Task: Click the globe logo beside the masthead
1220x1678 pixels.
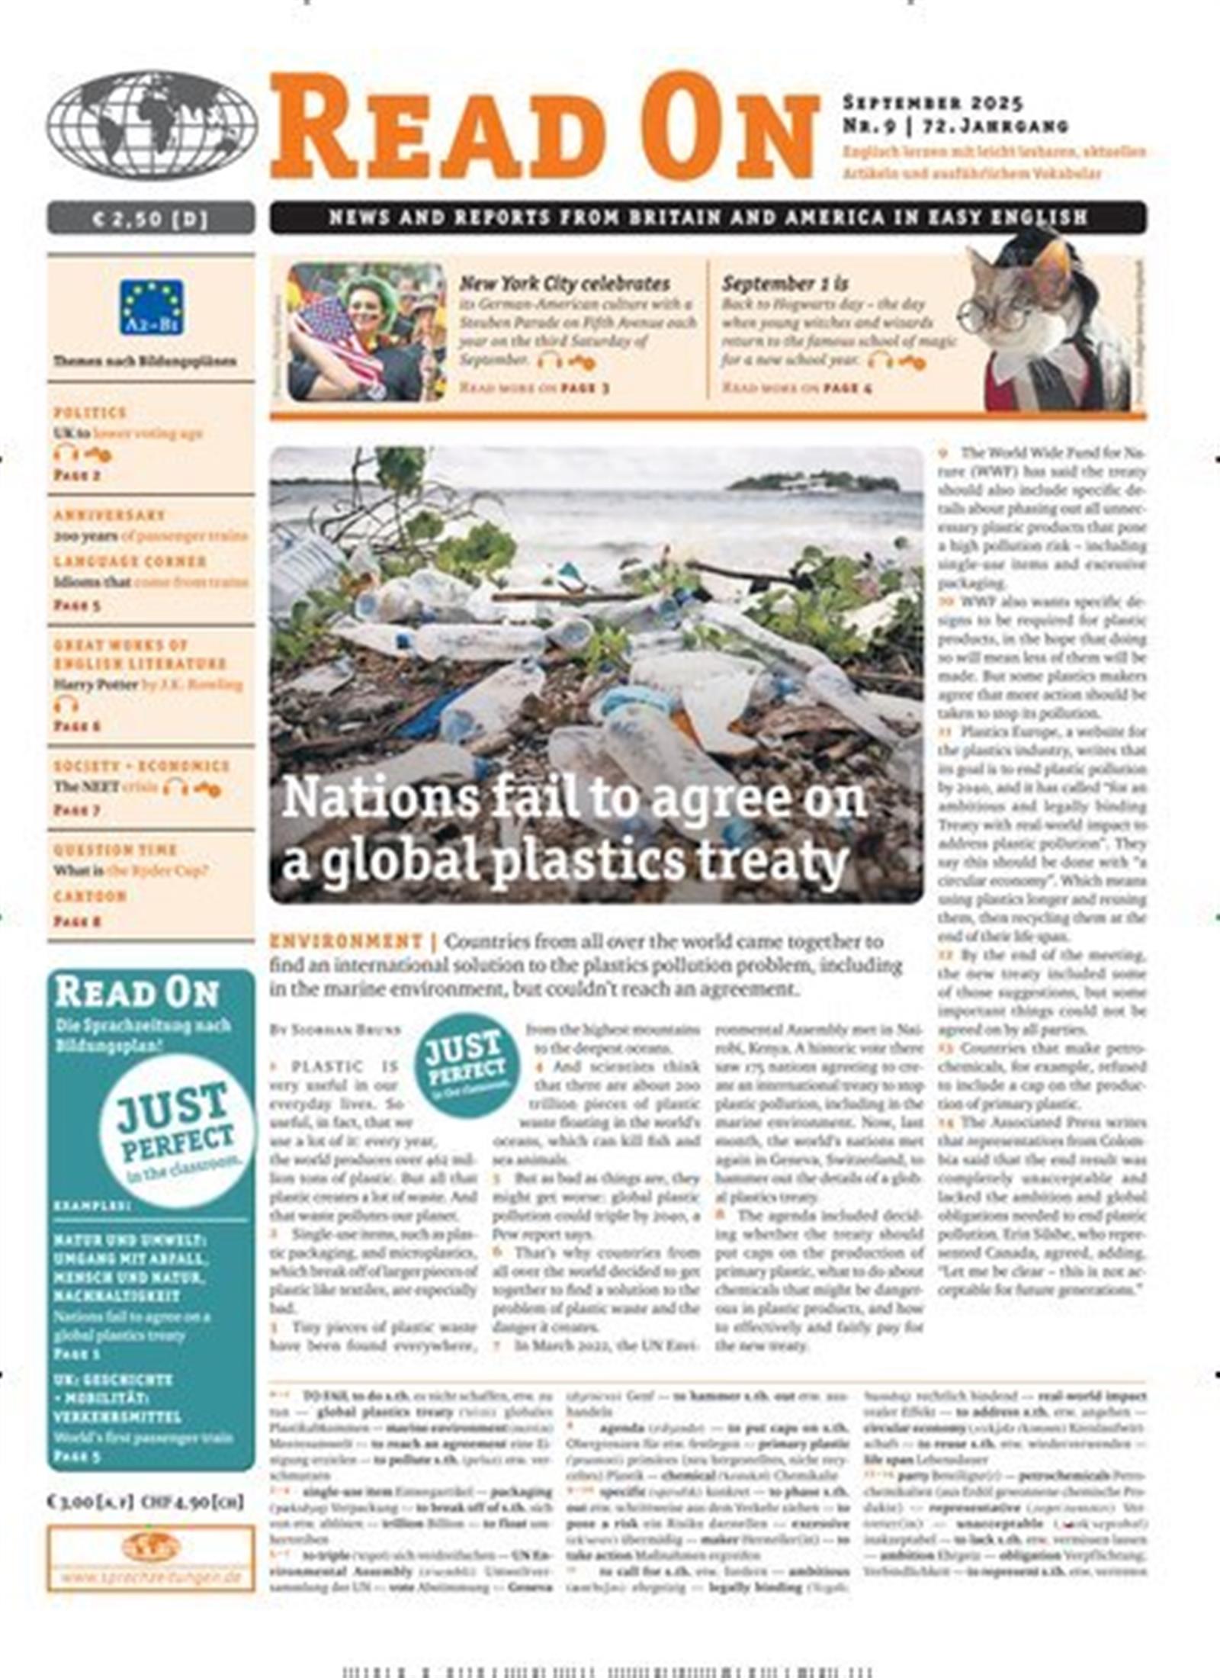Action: [151, 125]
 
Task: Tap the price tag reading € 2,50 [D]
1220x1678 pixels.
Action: [150, 219]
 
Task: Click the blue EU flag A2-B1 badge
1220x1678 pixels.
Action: [151, 307]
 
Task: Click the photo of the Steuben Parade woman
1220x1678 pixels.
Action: [366, 333]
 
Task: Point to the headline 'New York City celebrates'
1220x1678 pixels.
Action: [564, 284]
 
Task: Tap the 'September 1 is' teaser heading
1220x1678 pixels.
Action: [785, 284]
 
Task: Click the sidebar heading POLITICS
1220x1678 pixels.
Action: [90, 413]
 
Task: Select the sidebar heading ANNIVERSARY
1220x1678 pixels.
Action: [109, 515]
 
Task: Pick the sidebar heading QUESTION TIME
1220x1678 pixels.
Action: [115, 850]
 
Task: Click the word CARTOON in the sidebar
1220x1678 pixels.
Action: [89, 896]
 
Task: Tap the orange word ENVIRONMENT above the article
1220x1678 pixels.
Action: [345, 941]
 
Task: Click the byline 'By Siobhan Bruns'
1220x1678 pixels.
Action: [335, 1030]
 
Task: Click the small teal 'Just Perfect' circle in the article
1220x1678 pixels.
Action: [467, 1064]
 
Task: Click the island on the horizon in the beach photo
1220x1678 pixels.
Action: [813, 482]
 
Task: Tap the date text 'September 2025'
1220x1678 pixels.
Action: [932, 102]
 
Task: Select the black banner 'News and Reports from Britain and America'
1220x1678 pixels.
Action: [708, 217]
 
